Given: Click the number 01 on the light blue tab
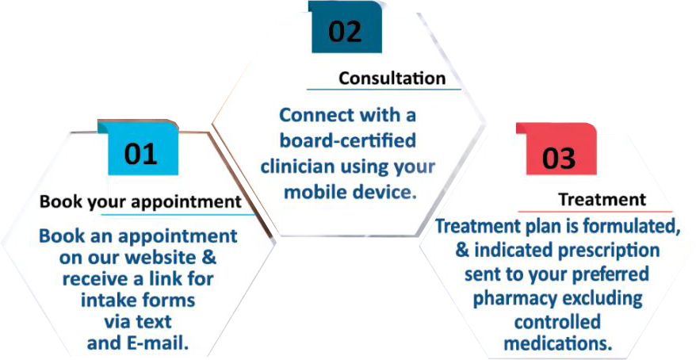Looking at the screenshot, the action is tap(141, 154).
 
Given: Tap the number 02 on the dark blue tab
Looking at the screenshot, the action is tap(346, 32).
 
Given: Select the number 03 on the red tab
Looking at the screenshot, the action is tap(559, 158).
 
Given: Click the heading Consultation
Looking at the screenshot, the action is tap(392, 79).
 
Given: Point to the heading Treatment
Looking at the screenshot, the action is tap(602, 199).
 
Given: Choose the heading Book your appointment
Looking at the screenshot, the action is tap(141, 201).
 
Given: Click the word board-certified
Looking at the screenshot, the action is tap(347, 140).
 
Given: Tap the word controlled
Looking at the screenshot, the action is tap(557, 321).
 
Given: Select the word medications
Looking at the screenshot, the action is tap(557, 343).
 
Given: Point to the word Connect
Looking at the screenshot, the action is tap(312, 115).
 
